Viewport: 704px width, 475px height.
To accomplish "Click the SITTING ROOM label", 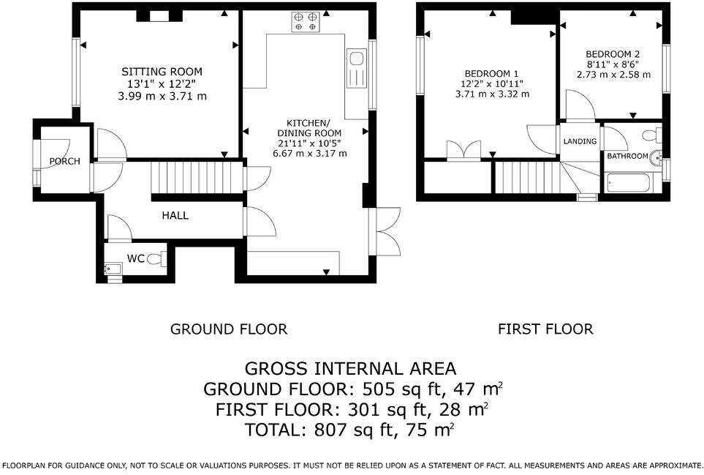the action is [x=162, y=72].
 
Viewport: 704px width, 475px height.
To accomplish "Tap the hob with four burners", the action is [x=306, y=22].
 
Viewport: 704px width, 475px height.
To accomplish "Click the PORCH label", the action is [x=64, y=161].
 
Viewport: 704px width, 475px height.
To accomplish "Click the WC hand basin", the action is [x=113, y=269].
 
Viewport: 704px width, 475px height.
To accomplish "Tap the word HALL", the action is [x=175, y=216].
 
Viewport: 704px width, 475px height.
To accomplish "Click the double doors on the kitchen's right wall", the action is [x=385, y=231].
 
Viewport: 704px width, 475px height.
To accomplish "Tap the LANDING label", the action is [x=580, y=141].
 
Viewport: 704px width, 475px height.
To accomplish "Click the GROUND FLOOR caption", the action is [x=229, y=329].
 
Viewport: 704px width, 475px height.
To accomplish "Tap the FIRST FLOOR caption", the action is [x=545, y=329].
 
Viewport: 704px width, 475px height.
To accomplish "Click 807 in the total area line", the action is [x=330, y=430].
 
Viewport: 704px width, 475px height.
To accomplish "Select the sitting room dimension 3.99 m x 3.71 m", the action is [x=162, y=96].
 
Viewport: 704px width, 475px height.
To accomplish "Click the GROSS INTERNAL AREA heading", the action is [x=350, y=369].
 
